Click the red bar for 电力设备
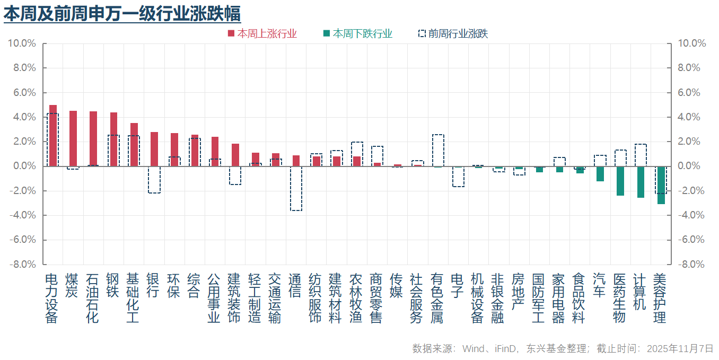[x=53, y=136]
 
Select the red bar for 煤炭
[x=73, y=138]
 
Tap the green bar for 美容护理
[x=661, y=185]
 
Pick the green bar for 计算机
[x=641, y=182]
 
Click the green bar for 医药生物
[x=620, y=181]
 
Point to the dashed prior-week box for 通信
[x=296, y=188]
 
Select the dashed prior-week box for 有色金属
[x=437, y=151]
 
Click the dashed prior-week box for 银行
[x=154, y=180]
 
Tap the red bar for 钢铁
[x=113, y=139]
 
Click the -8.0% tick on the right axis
[x=691, y=264]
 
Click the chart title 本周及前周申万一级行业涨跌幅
[x=122, y=13]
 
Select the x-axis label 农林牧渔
[x=356, y=298]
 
